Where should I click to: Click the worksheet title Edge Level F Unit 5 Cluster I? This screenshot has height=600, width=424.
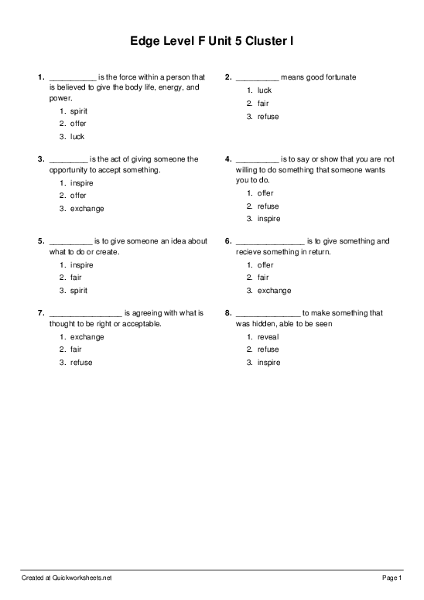click(x=211, y=40)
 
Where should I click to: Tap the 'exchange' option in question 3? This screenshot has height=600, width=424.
click(x=87, y=209)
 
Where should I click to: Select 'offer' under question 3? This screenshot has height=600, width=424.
click(x=78, y=196)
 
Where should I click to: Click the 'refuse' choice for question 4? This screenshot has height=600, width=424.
click(x=268, y=206)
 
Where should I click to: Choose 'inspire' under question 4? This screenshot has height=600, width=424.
click(x=268, y=220)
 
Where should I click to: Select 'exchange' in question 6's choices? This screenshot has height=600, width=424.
click(x=274, y=291)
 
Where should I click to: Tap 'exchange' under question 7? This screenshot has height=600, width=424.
click(x=87, y=337)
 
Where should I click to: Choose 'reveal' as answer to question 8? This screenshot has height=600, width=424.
click(x=268, y=337)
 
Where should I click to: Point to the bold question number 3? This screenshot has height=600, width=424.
click(x=41, y=159)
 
